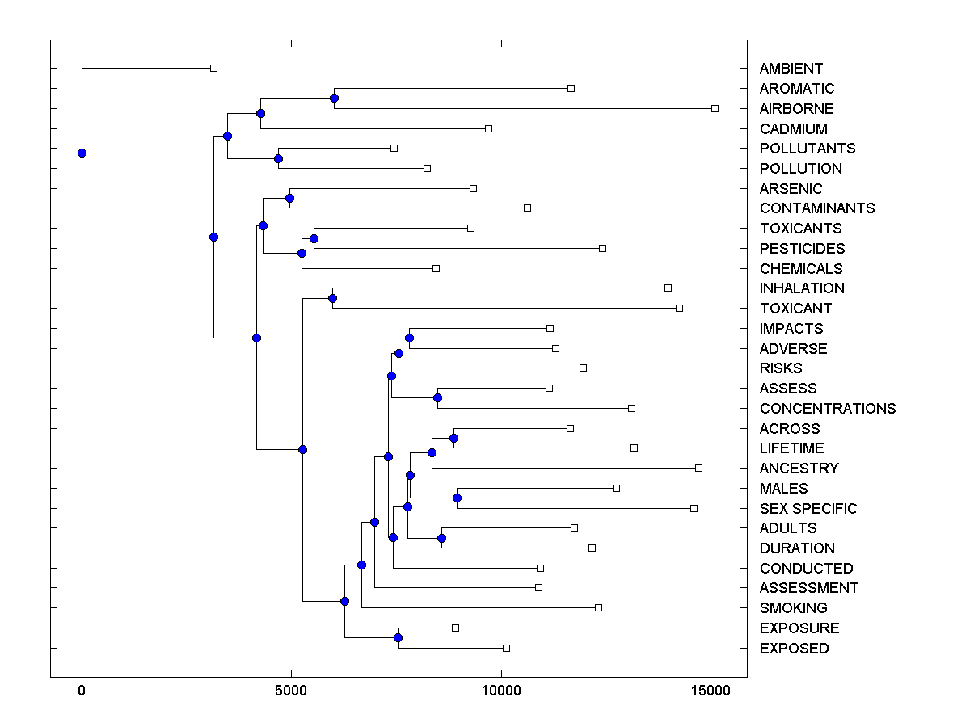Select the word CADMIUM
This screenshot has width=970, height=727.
pos(793,128)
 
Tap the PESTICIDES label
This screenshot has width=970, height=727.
pos(802,248)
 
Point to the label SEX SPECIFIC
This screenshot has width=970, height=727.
pos(808,508)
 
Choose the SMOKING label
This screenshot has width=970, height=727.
pos(793,607)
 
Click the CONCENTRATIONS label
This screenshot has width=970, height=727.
pos(827,408)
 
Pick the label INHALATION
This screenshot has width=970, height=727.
pos(801,288)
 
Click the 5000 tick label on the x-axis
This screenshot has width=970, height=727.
pos(292,691)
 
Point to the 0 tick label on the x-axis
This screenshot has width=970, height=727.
pos(82,691)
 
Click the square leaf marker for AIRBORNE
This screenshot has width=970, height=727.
pos(715,108)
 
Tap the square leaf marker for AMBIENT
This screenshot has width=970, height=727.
pos(213,69)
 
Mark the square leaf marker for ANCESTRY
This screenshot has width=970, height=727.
pos(698,468)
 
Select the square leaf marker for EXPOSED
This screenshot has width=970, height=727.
pos(506,648)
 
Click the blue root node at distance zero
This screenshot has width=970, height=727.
pos(82,153)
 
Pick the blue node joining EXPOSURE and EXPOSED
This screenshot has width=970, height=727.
pos(398,638)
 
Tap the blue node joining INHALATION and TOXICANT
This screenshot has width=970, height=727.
pos(332,298)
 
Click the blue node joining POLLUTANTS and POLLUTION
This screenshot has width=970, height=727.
pos(278,158)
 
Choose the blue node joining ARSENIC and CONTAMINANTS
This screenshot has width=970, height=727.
pos(289,198)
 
